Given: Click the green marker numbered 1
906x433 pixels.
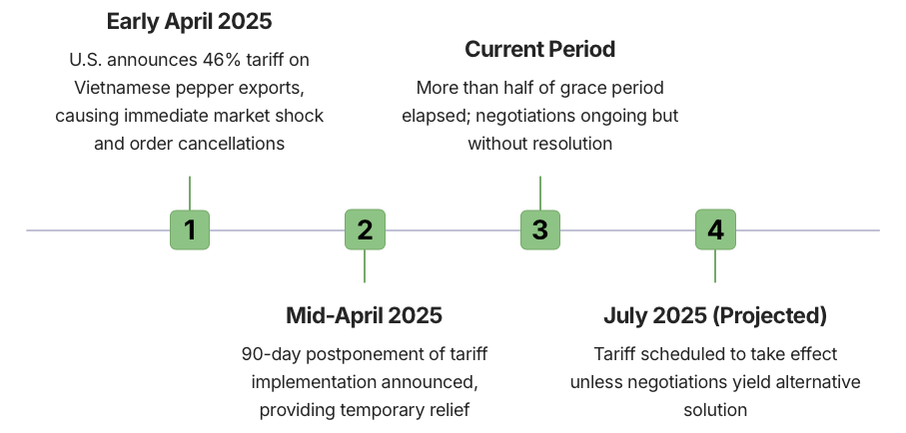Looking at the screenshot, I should pyautogui.click(x=190, y=229).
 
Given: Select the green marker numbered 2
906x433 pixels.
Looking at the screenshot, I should pyautogui.click(x=365, y=229).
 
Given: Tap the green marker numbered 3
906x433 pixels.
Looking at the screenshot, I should pyautogui.click(x=540, y=229).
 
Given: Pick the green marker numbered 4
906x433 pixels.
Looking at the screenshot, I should pyautogui.click(x=715, y=229).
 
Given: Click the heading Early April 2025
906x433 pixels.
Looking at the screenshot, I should pyautogui.click(x=189, y=22).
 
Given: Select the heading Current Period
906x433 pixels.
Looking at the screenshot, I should pyautogui.click(x=539, y=49).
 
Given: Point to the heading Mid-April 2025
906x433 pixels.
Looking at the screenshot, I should pyautogui.click(x=364, y=316).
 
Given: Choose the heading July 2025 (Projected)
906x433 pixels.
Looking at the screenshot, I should pyautogui.click(x=715, y=316).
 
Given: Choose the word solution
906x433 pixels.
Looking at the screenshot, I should pyautogui.click(x=715, y=410).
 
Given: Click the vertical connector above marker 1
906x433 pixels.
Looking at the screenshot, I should pyautogui.click(x=190, y=193).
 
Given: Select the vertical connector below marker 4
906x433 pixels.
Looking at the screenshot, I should pyautogui.click(x=715, y=266).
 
